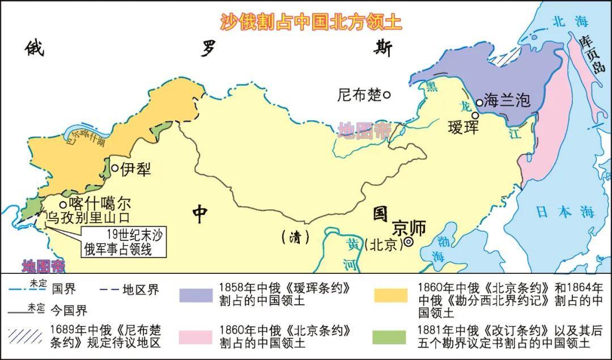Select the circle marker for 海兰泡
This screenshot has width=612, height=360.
(479, 103)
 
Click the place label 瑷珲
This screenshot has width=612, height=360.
(463, 126)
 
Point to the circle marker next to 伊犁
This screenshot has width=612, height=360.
(114, 168)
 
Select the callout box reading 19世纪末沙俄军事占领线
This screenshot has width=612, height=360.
(122, 242)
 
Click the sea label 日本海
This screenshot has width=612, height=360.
(565, 212)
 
